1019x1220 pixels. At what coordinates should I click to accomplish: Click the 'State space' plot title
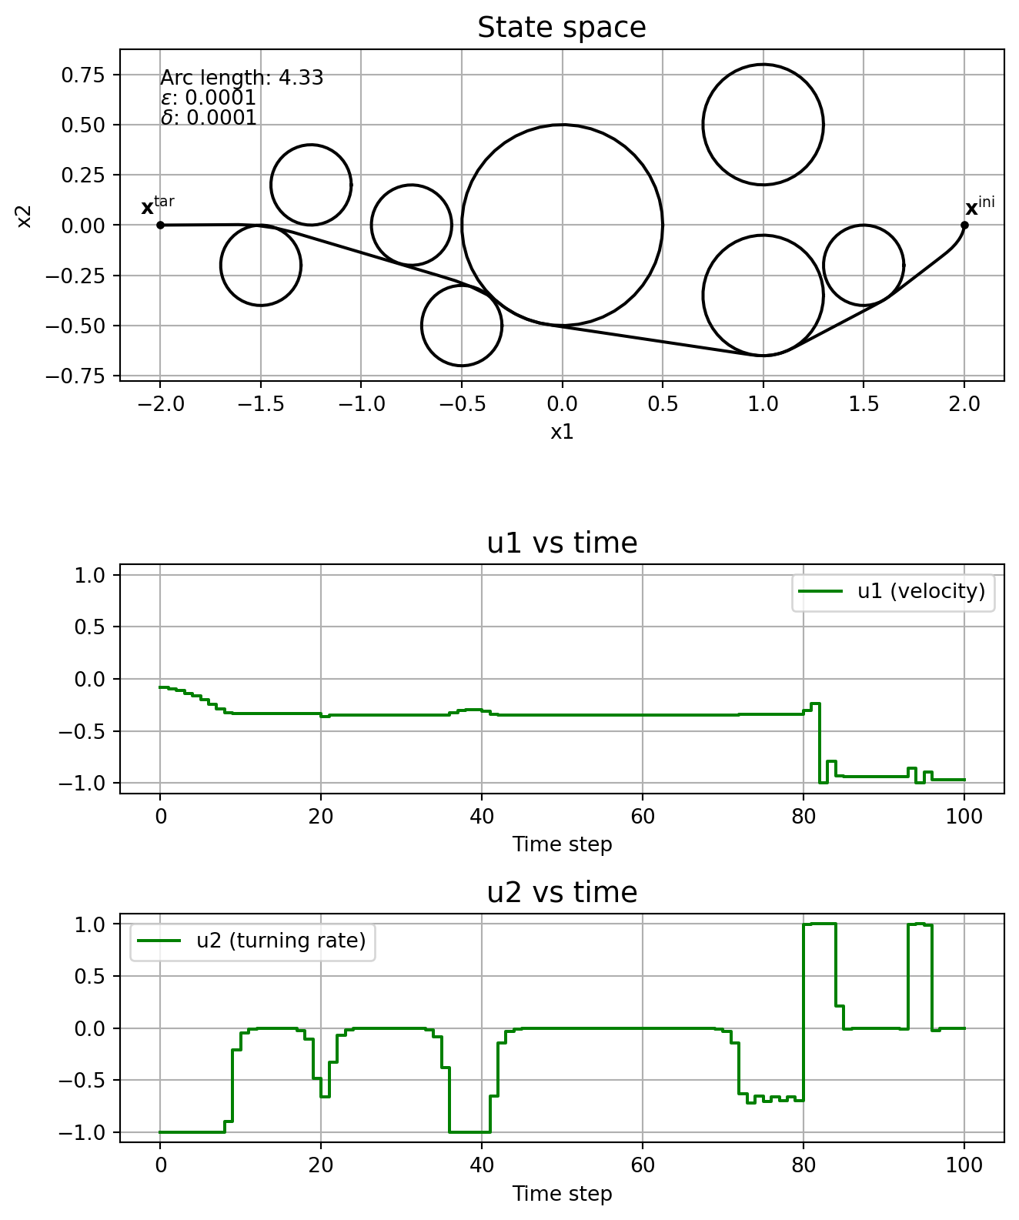point(562,28)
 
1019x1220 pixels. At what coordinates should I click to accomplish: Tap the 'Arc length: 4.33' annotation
point(242,78)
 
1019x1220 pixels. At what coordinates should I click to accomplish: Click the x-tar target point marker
point(160,225)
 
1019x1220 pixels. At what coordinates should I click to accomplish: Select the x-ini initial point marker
point(964,225)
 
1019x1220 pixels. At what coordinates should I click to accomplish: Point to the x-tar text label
point(157,206)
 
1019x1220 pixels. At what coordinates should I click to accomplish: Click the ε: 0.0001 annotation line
point(208,98)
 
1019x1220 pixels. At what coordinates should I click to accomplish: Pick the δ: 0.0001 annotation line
point(208,118)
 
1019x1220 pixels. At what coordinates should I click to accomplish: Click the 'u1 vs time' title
point(562,543)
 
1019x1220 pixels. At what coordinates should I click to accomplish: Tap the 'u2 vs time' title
point(562,893)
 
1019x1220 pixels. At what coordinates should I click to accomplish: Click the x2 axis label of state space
point(24,216)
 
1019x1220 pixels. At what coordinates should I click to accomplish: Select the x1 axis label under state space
point(562,432)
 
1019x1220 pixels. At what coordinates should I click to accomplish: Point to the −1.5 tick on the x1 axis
point(260,404)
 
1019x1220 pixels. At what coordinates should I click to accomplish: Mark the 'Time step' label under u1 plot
point(562,844)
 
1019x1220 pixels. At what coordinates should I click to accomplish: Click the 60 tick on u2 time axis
point(643,1165)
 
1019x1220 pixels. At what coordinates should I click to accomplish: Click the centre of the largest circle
point(562,225)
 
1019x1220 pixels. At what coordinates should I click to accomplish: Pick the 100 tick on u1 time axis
point(964,816)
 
